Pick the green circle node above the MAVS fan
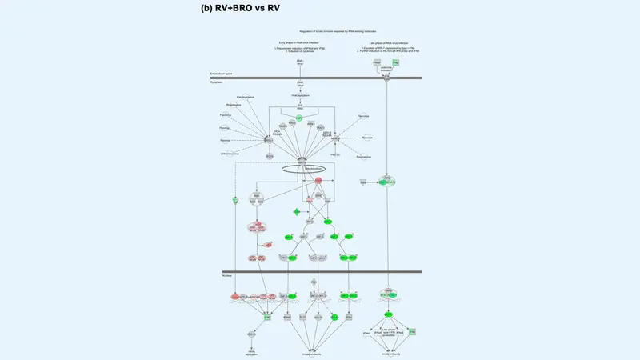coord(299,118)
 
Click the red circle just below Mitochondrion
coord(318,182)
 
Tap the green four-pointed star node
coord(297,212)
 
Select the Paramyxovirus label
coord(235,97)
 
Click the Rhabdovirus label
coord(234,106)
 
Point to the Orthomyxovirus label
coord(230,153)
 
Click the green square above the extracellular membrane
coord(396,62)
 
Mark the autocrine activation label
coord(386,70)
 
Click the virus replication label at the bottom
coord(251,352)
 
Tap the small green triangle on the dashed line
coord(236,200)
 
